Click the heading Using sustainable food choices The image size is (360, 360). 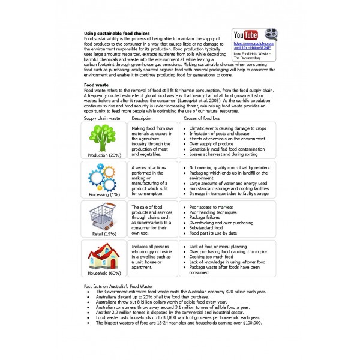(116, 33)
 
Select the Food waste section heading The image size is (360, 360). (96, 86)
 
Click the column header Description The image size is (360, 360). (143, 119)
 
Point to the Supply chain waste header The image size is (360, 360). (102, 119)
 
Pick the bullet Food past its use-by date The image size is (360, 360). (216, 233)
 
